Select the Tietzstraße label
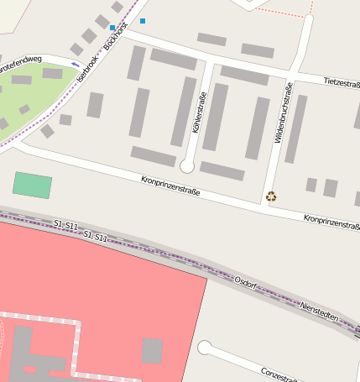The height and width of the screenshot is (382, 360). click(x=341, y=81)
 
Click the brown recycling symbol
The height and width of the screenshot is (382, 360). click(x=271, y=196)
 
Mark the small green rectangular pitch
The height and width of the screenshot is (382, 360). click(x=32, y=186)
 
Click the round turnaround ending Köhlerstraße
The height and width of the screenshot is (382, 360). click(x=187, y=166)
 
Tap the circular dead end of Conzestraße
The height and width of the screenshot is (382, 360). click(x=204, y=348)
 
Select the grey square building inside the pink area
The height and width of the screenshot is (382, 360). click(x=152, y=350)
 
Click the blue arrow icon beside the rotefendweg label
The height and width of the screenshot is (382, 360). click(x=76, y=64)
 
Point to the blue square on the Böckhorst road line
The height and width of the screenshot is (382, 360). click(x=112, y=28)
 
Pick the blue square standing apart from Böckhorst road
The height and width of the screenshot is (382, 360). click(x=143, y=20)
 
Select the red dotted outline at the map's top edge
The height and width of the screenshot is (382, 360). click(x=284, y=13)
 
